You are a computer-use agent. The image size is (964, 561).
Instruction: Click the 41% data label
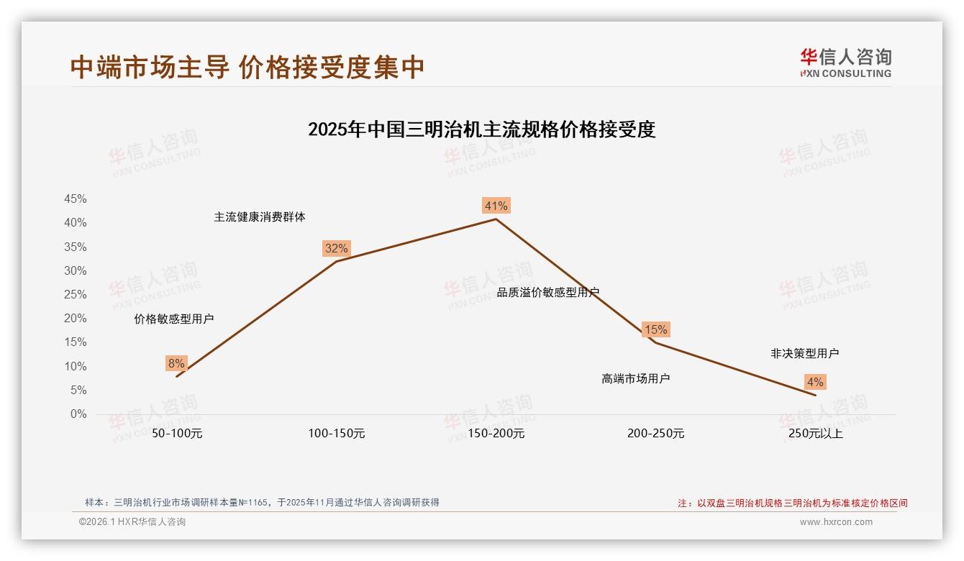pyautogui.click(x=496, y=206)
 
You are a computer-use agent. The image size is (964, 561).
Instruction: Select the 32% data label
pyautogui.click(x=336, y=249)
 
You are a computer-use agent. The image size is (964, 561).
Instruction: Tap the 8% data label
pyautogui.click(x=176, y=363)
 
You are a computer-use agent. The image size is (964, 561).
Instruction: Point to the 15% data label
pyautogui.click(x=655, y=330)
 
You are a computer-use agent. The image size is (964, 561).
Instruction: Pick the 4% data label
pyautogui.click(x=815, y=382)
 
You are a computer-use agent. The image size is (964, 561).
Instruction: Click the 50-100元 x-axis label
pyautogui.click(x=177, y=434)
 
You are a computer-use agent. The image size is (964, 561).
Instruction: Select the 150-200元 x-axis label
pyautogui.click(x=496, y=434)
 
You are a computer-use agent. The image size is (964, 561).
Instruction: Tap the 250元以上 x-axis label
pyautogui.click(x=815, y=434)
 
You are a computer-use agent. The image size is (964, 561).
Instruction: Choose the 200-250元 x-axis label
pyautogui.click(x=655, y=434)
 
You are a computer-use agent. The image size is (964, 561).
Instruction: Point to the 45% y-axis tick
pyautogui.click(x=76, y=199)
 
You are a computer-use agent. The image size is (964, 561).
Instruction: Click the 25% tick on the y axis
pyautogui.click(x=76, y=295)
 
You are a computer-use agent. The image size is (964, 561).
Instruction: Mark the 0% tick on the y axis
pyautogui.click(x=78, y=414)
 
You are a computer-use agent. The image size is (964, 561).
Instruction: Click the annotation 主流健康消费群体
pyautogui.click(x=259, y=217)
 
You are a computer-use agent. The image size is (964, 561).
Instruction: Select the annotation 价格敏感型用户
pyautogui.click(x=173, y=319)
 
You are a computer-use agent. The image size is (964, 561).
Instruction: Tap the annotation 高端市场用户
pyautogui.click(x=635, y=378)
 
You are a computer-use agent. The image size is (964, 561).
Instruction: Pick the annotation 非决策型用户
pyautogui.click(x=804, y=353)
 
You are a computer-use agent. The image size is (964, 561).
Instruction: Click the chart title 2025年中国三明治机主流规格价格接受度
pyautogui.click(x=481, y=130)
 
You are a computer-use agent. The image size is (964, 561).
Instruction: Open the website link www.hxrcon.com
pyautogui.click(x=836, y=522)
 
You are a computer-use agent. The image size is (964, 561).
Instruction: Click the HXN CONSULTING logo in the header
pyautogui.click(x=845, y=63)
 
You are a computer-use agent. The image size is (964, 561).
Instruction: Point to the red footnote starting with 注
pyautogui.click(x=793, y=503)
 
